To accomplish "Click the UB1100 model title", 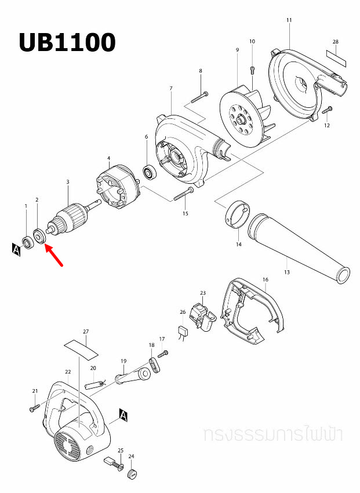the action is (67, 42).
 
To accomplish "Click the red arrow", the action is (54, 255).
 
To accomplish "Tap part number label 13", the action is (287, 272).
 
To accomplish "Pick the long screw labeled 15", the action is (183, 194).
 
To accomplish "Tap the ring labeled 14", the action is (238, 214).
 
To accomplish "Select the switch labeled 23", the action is (202, 316).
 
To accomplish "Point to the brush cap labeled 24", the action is (132, 473).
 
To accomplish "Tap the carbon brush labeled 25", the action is (113, 463).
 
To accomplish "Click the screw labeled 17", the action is (163, 354).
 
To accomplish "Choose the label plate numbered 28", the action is (336, 58).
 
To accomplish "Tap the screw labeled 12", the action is (327, 110).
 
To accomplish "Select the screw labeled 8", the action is (199, 97).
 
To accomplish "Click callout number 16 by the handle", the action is (266, 280).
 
